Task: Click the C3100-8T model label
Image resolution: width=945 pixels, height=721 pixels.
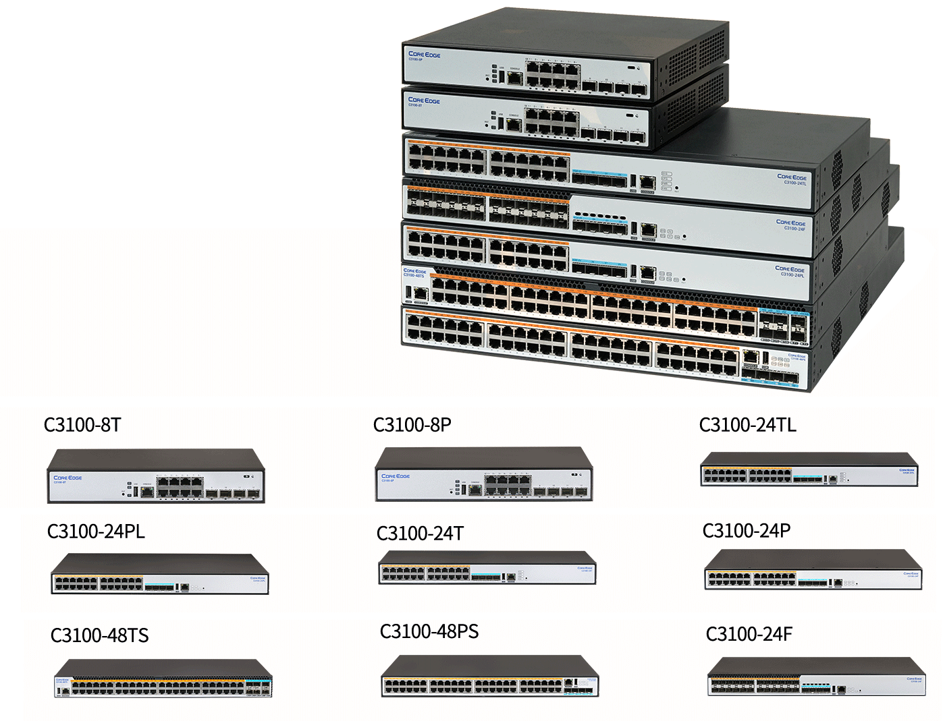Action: [x=82, y=425]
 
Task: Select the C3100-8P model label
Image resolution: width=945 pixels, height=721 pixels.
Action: [x=412, y=425]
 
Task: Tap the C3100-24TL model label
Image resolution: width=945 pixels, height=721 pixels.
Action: [x=747, y=425]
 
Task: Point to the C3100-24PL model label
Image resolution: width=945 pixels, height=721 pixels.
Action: [x=96, y=531]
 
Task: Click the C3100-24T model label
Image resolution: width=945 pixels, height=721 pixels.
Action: [x=420, y=533]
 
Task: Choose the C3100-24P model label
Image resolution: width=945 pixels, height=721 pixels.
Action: [x=746, y=531]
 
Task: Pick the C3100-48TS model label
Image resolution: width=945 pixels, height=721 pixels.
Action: [x=99, y=635]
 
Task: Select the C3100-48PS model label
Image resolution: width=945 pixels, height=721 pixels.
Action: [x=429, y=631]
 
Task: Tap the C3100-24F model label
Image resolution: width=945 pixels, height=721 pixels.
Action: [x=749, y=634]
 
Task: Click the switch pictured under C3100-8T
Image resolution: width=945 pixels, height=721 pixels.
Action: [x=155, y=477]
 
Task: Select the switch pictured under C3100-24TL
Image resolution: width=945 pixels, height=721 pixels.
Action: [x=809, y=469]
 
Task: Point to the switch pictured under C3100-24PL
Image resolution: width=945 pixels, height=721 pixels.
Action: [x=160, y=574]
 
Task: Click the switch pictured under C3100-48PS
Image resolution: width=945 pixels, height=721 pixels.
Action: [x=489, y=676]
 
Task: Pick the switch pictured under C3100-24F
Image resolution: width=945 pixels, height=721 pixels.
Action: [x=816, y=677]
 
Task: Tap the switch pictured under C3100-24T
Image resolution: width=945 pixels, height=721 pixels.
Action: [x=487, y=568]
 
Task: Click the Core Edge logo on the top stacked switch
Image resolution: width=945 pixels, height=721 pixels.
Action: [x=424, y=55]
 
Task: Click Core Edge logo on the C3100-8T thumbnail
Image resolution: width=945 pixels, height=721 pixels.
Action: [x=67, y=478]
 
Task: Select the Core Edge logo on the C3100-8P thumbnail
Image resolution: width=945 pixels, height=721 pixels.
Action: [x=396, y=476]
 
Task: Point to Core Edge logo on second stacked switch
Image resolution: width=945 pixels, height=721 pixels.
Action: [x=424, y=100]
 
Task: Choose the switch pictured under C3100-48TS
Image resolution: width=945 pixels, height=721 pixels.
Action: [x=163, y=679]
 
